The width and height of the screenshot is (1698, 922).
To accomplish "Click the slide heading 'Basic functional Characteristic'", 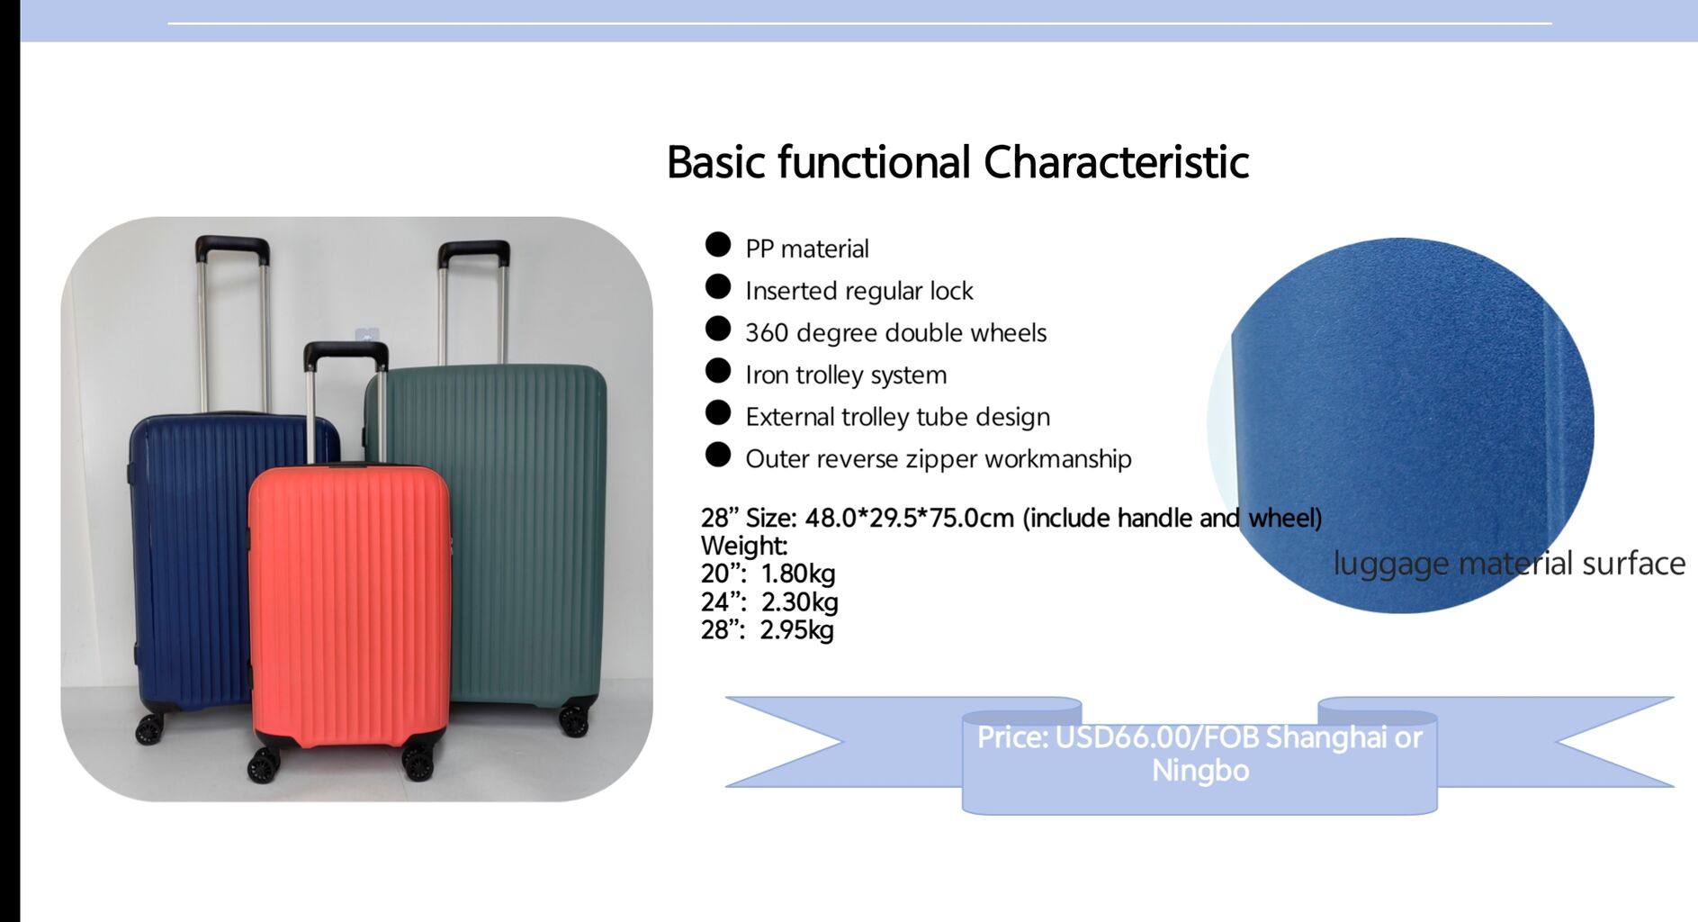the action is tap(957, 163).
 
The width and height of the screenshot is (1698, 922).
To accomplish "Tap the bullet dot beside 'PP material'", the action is tap(718, 245).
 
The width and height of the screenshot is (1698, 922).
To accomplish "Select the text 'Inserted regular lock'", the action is tap(859, 291).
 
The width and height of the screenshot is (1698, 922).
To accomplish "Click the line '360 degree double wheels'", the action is tap(896, 333).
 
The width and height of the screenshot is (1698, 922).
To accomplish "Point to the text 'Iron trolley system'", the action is tap(846, 375).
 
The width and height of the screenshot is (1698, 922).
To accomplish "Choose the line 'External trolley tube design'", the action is tap(898, 417).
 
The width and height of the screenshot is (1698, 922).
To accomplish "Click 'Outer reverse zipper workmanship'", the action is tap(939, 459).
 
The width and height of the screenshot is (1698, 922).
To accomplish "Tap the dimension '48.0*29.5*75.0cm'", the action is tap(910, 518).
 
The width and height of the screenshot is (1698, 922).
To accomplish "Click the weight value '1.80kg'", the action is tap(798, 574).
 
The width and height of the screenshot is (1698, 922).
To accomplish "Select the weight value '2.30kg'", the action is tap(800, 601).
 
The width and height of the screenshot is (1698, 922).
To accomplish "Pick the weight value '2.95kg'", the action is tap(797, 629).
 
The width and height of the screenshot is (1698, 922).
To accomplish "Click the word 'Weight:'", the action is tap(744, 546).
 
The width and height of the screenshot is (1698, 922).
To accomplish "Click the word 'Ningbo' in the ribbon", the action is tap(1200, 771).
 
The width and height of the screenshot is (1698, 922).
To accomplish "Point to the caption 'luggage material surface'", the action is tap(1509, 564).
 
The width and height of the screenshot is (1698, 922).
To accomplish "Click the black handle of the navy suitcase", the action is tap(232, 248).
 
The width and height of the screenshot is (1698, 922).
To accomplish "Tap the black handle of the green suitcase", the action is tap(474, 252).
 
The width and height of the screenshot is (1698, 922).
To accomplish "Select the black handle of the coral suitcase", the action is tap(346, 354).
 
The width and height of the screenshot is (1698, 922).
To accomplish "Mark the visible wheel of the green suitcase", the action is tap(573, 719).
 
